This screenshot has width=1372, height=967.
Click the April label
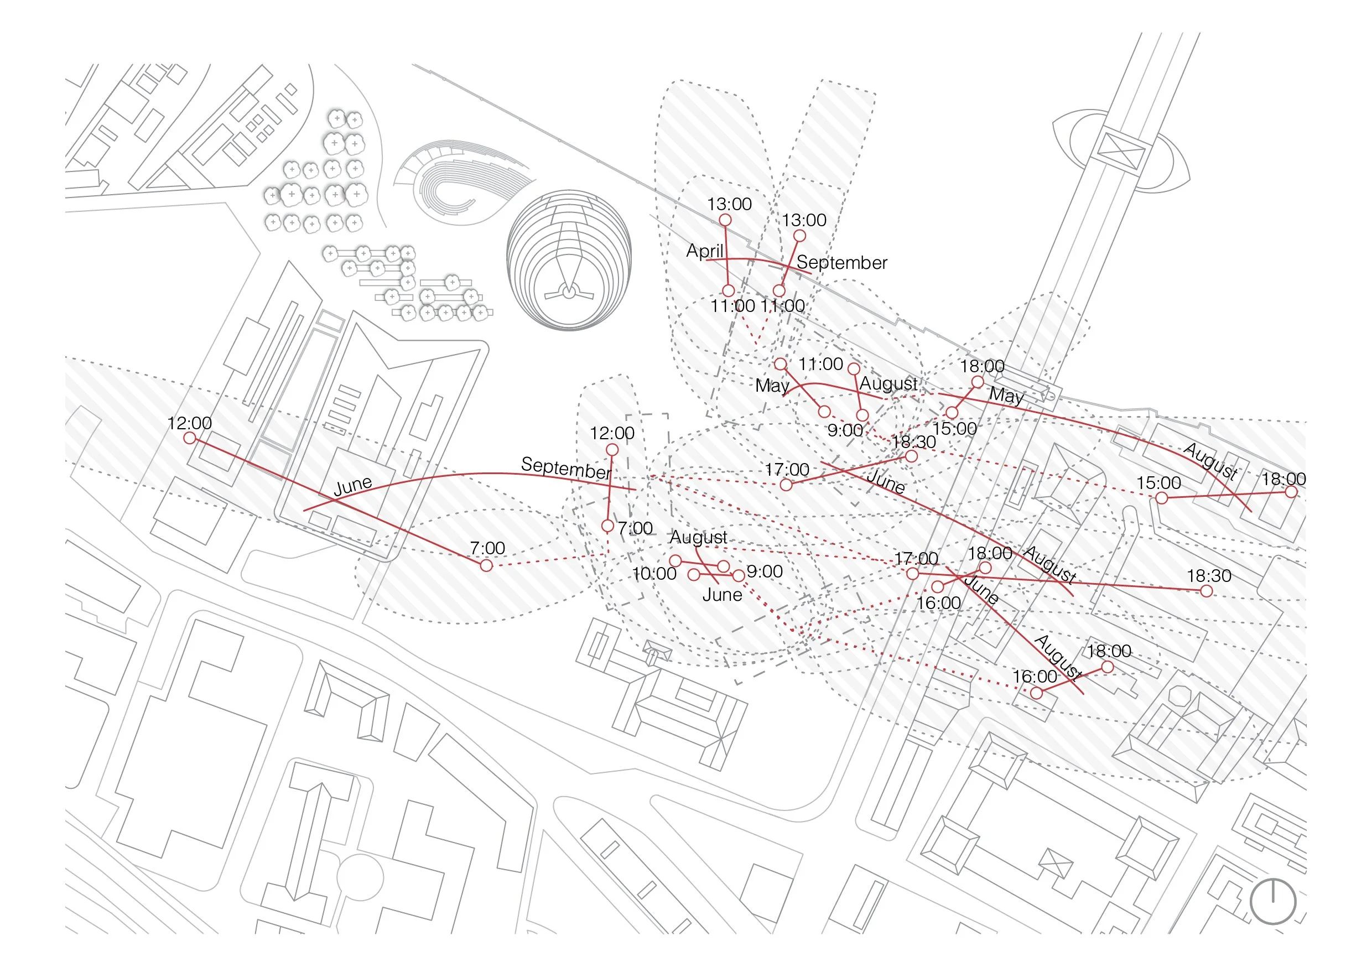pyautogui.click(x=704, y=251)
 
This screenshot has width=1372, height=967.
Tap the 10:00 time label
pyautogui.click(x=654, y=574)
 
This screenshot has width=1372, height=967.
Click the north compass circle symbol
pyautogui.click(x=1273, y=902)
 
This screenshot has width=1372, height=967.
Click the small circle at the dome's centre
pyautogui.click(x=569, y=292)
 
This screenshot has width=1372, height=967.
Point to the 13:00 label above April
pyautogui.click(x=729, y=204)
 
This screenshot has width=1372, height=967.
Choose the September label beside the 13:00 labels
pyautogui.click(x=841, y=262)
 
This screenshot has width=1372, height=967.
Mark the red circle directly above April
pyautogui.click(x=725, y=220)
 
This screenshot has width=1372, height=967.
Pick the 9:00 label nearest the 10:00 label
pyautogui.click(x=764, y=572)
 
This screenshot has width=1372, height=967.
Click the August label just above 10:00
pyautogui.click(x=698, y=537)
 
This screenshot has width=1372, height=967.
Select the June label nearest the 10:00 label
pyautogui.click(x=722, y=595)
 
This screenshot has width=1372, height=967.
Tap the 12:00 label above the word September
pyautogui.click(x=612, y=433)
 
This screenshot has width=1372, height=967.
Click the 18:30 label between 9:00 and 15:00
pyautogui.click(x=914, y=442)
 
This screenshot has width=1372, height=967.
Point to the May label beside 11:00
pyautogui.click(x=772, y=386)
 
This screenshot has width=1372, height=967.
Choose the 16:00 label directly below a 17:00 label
pyautogui.click(x=938, y=603)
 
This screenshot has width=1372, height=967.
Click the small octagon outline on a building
pyautogui.click(x=1179, y=697)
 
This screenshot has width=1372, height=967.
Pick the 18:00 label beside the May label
pyautogui.click(x=982, y=366)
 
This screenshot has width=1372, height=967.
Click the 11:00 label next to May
pyautogui.click(x=820, y=364)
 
